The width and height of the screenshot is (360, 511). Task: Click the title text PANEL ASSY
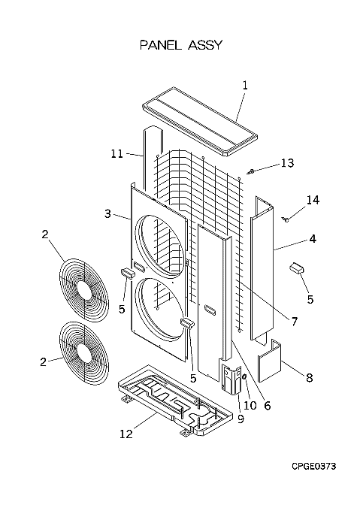point(181,45)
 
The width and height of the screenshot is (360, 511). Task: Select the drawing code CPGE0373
point(313,467)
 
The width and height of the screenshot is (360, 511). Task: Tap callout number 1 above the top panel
point(245,86)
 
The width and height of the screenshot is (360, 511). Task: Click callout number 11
point(117,153)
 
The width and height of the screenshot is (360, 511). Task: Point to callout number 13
point(287,162)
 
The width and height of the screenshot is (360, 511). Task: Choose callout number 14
point(313,200)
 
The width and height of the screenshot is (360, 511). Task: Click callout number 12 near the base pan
point(126,434)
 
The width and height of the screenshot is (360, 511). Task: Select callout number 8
point(309,378)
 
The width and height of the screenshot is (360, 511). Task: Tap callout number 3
point(107,213)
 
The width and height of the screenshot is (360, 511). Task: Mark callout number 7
point(294,322)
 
